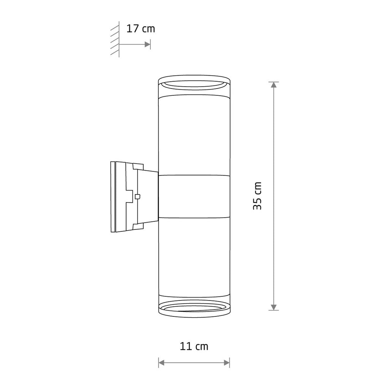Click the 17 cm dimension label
(141, 29)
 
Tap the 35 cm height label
(257, 196)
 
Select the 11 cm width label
(194, 346)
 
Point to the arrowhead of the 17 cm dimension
(148, 44)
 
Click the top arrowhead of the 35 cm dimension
(274, 85)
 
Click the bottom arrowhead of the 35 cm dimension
(274, 307)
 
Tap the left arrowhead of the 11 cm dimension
(161, 363)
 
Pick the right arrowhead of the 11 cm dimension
(227, 363)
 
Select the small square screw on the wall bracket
(137, 196)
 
